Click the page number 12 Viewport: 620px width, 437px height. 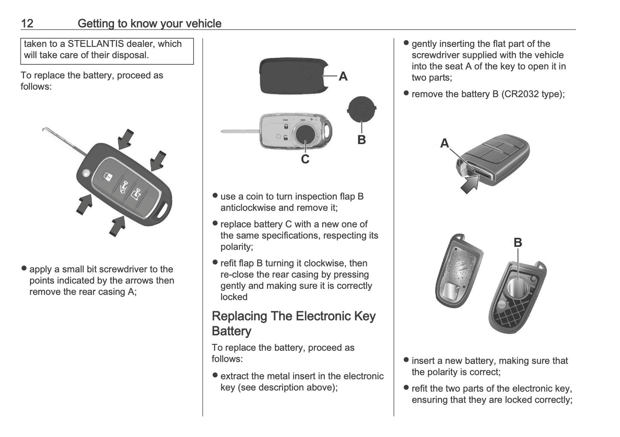coord(27,23)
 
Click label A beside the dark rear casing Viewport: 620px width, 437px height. coord(343,76)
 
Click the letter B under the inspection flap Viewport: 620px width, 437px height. coord(361,140)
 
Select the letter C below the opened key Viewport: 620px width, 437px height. coord(305,160)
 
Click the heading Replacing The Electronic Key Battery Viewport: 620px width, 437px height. coord(293,324)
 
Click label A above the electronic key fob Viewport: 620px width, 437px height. coord(445,143)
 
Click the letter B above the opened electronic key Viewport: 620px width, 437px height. coord(518,243)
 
